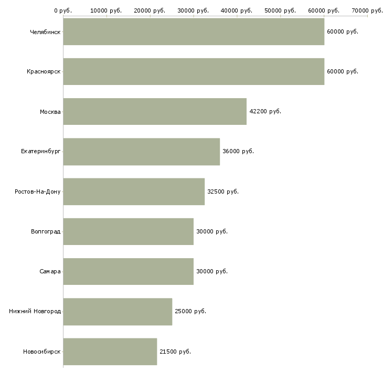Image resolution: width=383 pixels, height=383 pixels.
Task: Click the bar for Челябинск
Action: coord(194,31)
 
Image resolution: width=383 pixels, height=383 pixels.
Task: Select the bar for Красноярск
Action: coord(194,71)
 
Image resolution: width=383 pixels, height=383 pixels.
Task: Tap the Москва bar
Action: coord(155,112)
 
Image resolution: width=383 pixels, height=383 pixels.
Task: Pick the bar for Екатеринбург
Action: coord(142,152)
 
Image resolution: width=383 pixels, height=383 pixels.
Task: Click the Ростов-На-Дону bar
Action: coord(134,191)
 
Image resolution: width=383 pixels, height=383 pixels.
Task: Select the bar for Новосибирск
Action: coord(110,352)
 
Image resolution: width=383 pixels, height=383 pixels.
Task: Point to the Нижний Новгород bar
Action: coord(118,312)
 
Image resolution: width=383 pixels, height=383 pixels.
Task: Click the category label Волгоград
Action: coord(46,231)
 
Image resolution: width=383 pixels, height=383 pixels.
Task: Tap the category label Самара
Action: coord(50,271)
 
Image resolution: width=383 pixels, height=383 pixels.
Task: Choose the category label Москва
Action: coord(50,112)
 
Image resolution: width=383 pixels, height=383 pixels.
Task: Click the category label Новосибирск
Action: coord(42,352)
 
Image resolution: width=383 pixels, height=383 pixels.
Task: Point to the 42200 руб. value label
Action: coord(265,111)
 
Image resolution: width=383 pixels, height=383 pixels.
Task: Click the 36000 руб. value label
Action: coord(238,151)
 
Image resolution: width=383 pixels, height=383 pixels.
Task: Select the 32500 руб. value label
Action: coord(223,191)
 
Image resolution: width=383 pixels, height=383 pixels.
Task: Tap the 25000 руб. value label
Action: coord(190,311)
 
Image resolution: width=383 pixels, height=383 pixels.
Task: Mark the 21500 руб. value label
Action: coord(175,352)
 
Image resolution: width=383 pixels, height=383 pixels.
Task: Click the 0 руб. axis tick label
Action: coord(63,10)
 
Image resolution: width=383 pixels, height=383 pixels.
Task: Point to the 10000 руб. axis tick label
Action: coord(106,10)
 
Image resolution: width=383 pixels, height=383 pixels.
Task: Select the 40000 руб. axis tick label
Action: coord(237,10)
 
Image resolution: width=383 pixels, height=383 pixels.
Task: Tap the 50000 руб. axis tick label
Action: coord(280,10)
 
